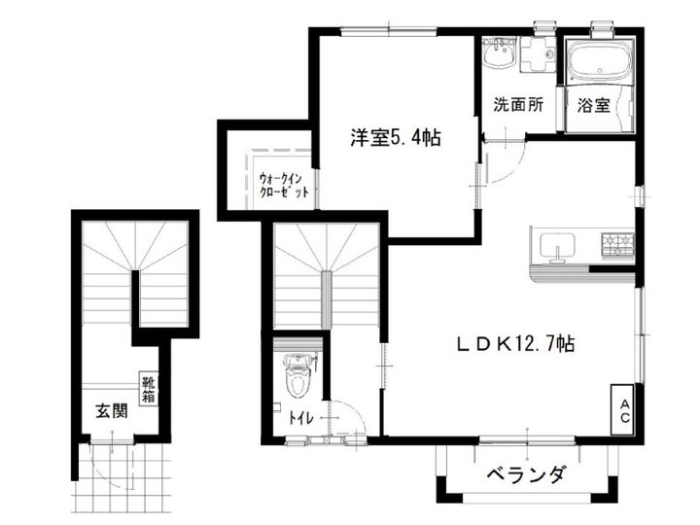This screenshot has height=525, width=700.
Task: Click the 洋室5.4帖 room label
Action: (396, 138)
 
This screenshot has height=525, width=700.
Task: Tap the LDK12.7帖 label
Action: (515, 343)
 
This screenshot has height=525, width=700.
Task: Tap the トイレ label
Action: (300, 420)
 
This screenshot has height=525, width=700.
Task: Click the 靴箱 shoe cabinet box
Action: (149, 389)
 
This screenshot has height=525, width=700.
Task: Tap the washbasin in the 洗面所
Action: (499, 54)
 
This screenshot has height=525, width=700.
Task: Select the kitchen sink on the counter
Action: (557, 248)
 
